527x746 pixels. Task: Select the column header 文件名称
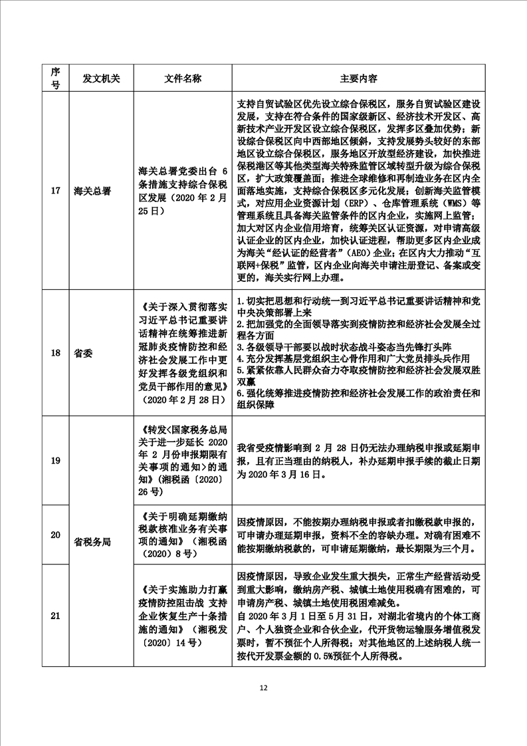point(183,78)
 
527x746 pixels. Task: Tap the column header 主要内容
point(358,78)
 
